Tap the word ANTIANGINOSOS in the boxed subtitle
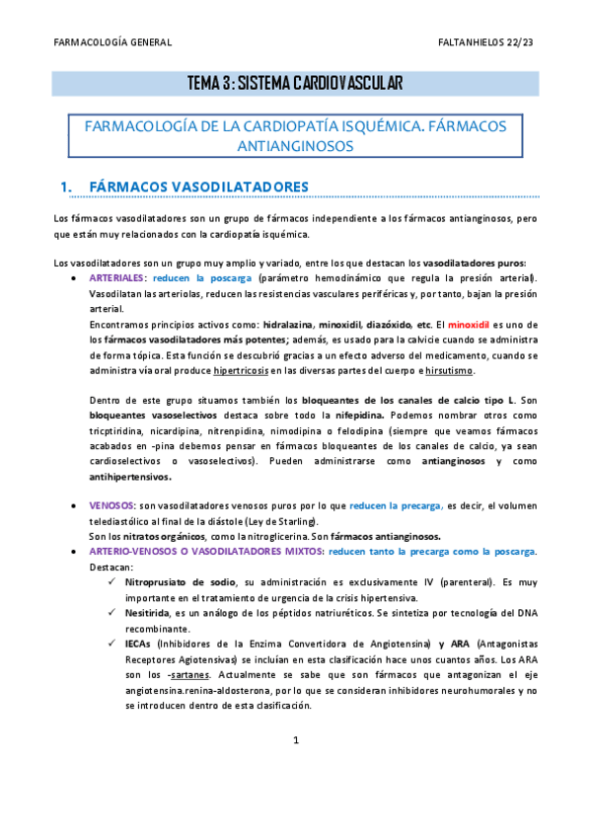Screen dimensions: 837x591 pyautogui.click(x=295, y=145)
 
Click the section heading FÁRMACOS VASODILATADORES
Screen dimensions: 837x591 pyautogui.click(x=198, y=187)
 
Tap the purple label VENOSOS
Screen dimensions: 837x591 pyautogui.click(x=110, y=505)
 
